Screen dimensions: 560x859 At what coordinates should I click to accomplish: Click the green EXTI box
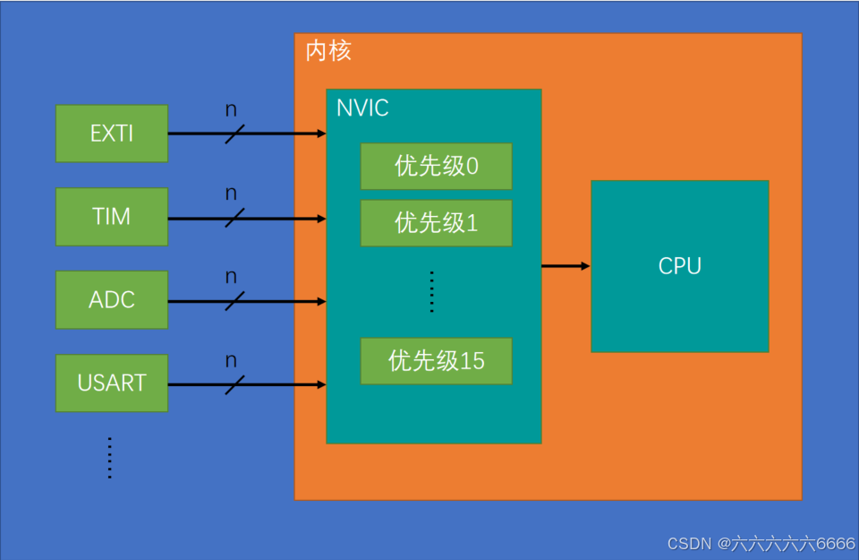111,134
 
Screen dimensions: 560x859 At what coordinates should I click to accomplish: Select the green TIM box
111,217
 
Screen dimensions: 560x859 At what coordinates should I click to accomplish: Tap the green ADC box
111,299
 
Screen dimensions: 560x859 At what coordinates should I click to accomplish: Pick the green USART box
111,383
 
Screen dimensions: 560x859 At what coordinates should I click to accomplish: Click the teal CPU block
679,266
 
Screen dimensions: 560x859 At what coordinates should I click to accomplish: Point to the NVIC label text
362,109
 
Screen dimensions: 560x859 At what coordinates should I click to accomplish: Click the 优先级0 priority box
436,167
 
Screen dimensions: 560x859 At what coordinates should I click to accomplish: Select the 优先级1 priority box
436,223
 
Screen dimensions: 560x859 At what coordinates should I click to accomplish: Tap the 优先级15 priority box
436,361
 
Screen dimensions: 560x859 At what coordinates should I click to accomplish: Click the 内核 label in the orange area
328,51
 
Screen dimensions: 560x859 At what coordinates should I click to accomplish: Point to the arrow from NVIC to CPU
566,266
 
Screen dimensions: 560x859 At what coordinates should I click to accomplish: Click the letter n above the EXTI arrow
231,110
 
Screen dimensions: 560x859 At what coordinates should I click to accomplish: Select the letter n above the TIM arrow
231,194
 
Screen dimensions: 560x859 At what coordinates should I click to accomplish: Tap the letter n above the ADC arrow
231,277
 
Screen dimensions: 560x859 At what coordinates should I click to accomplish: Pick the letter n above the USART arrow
231,360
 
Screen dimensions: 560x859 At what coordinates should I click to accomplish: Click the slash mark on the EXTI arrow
234,134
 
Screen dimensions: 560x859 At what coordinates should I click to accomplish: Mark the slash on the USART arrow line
234,384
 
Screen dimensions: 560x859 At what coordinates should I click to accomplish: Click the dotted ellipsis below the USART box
109,458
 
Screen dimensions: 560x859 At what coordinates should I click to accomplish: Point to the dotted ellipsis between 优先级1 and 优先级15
431,291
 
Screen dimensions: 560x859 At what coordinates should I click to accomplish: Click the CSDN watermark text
761,544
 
